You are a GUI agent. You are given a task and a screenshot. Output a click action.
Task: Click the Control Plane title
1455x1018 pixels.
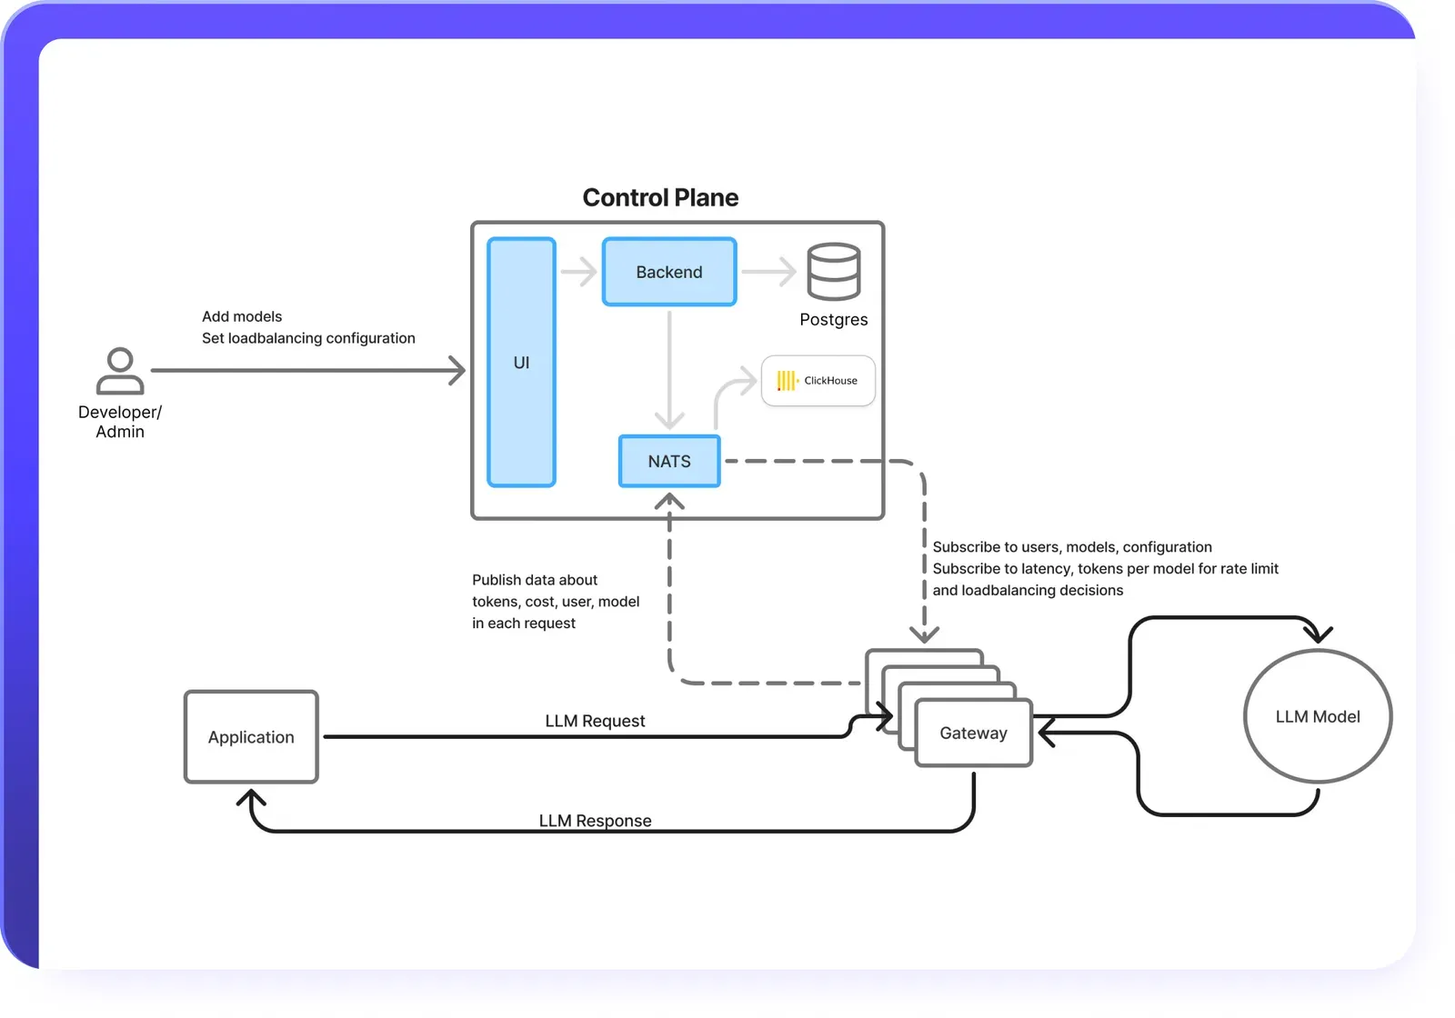click(x=660, y=197)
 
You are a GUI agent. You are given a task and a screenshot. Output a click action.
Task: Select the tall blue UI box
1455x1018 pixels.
click(x=521, y=362)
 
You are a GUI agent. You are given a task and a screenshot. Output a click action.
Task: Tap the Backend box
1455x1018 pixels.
click(x=669, y=272)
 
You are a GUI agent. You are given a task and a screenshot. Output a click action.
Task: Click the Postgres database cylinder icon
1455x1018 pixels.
click(x=833, y=271)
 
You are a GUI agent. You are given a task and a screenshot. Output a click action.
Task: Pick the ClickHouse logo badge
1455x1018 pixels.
click(x=818, y=380)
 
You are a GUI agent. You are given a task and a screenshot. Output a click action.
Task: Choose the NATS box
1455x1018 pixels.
click(x=669, y=461)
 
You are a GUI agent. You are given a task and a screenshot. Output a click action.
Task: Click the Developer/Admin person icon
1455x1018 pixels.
click(x=120, y=371)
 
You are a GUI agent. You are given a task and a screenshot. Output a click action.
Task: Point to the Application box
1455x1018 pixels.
click(x=251, y=737)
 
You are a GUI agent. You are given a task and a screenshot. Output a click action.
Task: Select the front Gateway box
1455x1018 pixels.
click(x=973, y=733)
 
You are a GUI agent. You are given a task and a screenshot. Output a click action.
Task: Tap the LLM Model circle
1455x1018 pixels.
click(x=1317, y=716)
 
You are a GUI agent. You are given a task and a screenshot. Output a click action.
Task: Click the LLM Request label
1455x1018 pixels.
click(x=595, y=721)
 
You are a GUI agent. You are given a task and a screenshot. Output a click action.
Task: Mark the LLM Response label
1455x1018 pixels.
click(x=595, y=821)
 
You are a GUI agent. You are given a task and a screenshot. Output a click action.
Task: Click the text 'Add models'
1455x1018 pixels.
click(x=242, y=316)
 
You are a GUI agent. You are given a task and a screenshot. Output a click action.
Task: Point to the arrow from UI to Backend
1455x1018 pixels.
click(x=578, y=271)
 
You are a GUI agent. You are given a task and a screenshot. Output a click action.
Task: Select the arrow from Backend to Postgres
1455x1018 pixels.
click(x=769, y=271)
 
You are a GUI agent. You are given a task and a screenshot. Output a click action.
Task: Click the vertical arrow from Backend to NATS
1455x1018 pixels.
click(x=669, y=368)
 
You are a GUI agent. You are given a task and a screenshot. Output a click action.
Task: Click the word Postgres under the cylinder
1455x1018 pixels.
click(x=833, y=320)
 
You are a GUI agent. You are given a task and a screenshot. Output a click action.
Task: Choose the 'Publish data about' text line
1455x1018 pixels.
click(x=535, y=580)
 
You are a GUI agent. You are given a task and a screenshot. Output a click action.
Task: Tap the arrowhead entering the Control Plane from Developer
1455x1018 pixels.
click(x=457, y=370)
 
